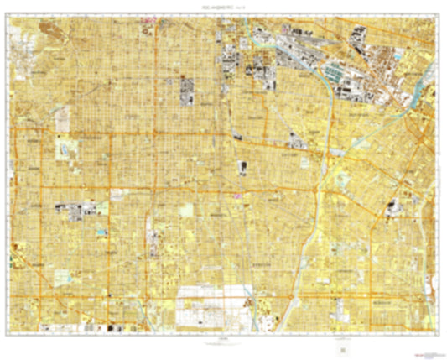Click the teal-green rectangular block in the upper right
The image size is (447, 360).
click(342, 73)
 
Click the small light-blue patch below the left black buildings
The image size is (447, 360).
click(101, 230)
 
